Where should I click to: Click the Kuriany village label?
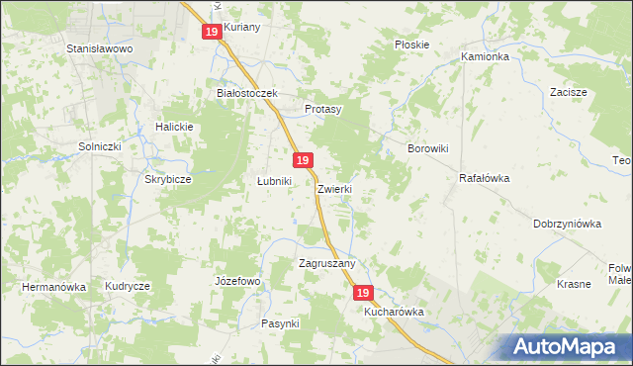pos(241,27)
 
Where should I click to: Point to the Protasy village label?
pos(322,109)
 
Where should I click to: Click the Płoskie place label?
pos(411,45)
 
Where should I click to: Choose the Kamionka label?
pos(485,57)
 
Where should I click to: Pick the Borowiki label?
pos(429,148)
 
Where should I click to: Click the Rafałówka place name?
pos(484,179)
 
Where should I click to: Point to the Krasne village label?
pos(574,284)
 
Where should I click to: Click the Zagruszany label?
pos(327,264)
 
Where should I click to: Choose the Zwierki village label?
pos(335,188)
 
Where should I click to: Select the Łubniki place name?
pos(274,182)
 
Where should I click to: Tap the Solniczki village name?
pos(100,146)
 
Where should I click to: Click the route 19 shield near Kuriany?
pos(212,32)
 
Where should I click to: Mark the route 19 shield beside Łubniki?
pos(303,160)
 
